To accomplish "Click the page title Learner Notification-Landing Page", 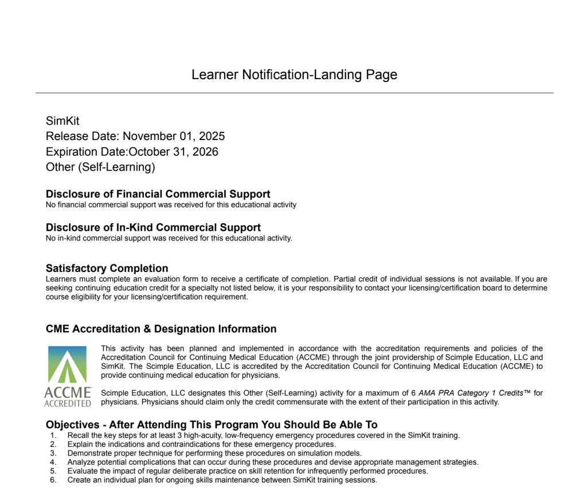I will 294,75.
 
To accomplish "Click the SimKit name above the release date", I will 62,121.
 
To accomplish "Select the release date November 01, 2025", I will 174,137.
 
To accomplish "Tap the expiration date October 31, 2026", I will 174,152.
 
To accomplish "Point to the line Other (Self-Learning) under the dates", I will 100,168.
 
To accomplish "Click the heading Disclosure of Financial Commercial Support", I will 158,194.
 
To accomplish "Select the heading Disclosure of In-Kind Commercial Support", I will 153,227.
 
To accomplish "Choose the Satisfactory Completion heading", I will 107,268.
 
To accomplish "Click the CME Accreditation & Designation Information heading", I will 161,329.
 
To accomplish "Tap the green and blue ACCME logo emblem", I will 68,365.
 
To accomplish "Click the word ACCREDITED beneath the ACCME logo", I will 68,403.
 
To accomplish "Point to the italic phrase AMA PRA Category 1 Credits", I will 471,393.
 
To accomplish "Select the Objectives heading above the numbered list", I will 212,425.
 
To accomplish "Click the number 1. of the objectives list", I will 53,435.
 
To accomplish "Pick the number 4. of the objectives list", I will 53,462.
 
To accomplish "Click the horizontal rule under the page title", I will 294,93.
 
